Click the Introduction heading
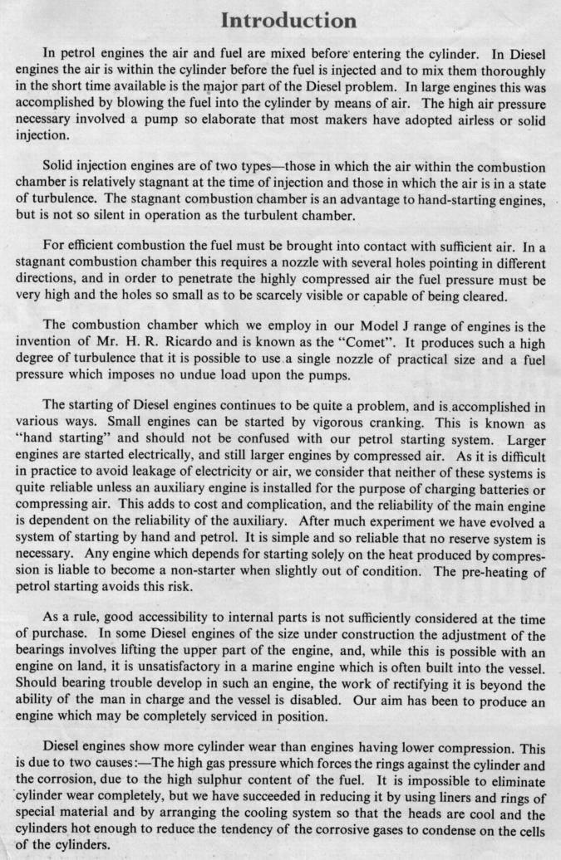coord(279,19)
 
